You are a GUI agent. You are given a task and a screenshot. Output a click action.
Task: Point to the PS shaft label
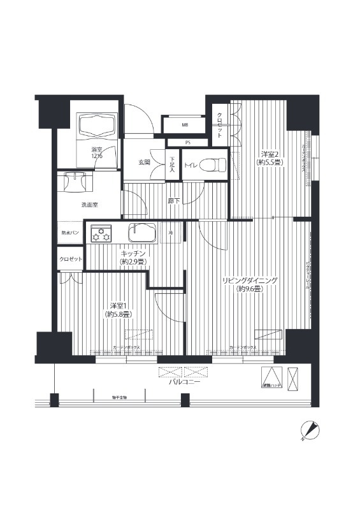coord(187,142)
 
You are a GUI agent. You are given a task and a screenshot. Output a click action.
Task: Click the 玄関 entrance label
coord(145,163)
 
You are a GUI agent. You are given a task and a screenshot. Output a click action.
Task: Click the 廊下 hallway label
coord(175,201)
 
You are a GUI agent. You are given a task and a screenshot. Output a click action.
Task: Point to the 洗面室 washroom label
coord(90,205)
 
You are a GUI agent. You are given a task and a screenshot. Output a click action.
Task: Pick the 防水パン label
coord(70,233)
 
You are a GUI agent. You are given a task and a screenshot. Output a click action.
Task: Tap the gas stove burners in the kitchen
coord(101,234)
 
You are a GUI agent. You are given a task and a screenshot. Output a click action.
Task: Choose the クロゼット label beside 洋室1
coord(71,259)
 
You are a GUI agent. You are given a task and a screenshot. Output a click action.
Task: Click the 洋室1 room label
coord(118,310)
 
